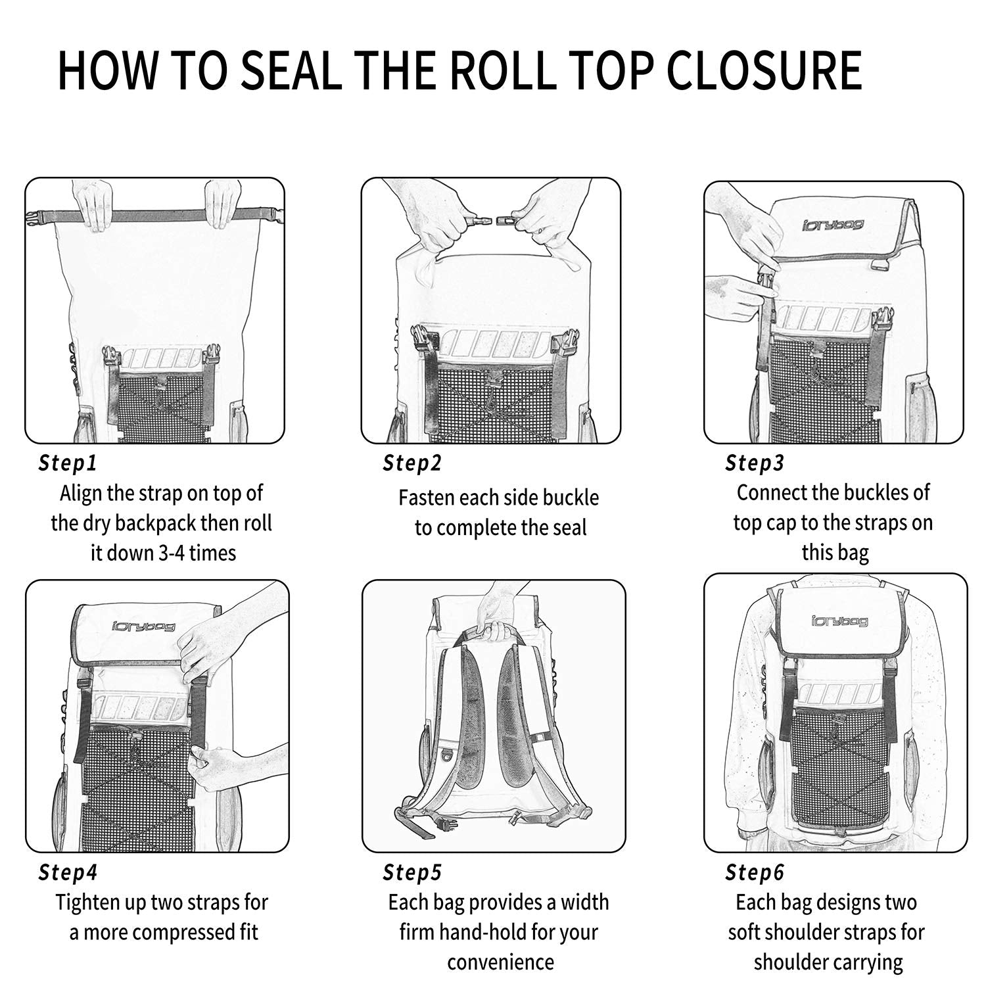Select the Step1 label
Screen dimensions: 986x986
tap(68, 463)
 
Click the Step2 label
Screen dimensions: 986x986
tap(412, 463)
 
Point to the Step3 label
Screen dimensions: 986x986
tap(755, 463)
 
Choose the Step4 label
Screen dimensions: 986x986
tap(68, 872)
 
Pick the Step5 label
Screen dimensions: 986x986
tap(412, 872)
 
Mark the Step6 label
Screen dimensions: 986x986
tap(755, 872)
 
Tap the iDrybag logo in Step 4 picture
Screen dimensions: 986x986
tap(143, 626)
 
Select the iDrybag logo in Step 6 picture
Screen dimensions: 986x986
tap(839, 621)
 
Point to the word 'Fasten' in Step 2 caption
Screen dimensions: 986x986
tap(427, 498)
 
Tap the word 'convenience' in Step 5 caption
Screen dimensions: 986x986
tap(500, 962)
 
